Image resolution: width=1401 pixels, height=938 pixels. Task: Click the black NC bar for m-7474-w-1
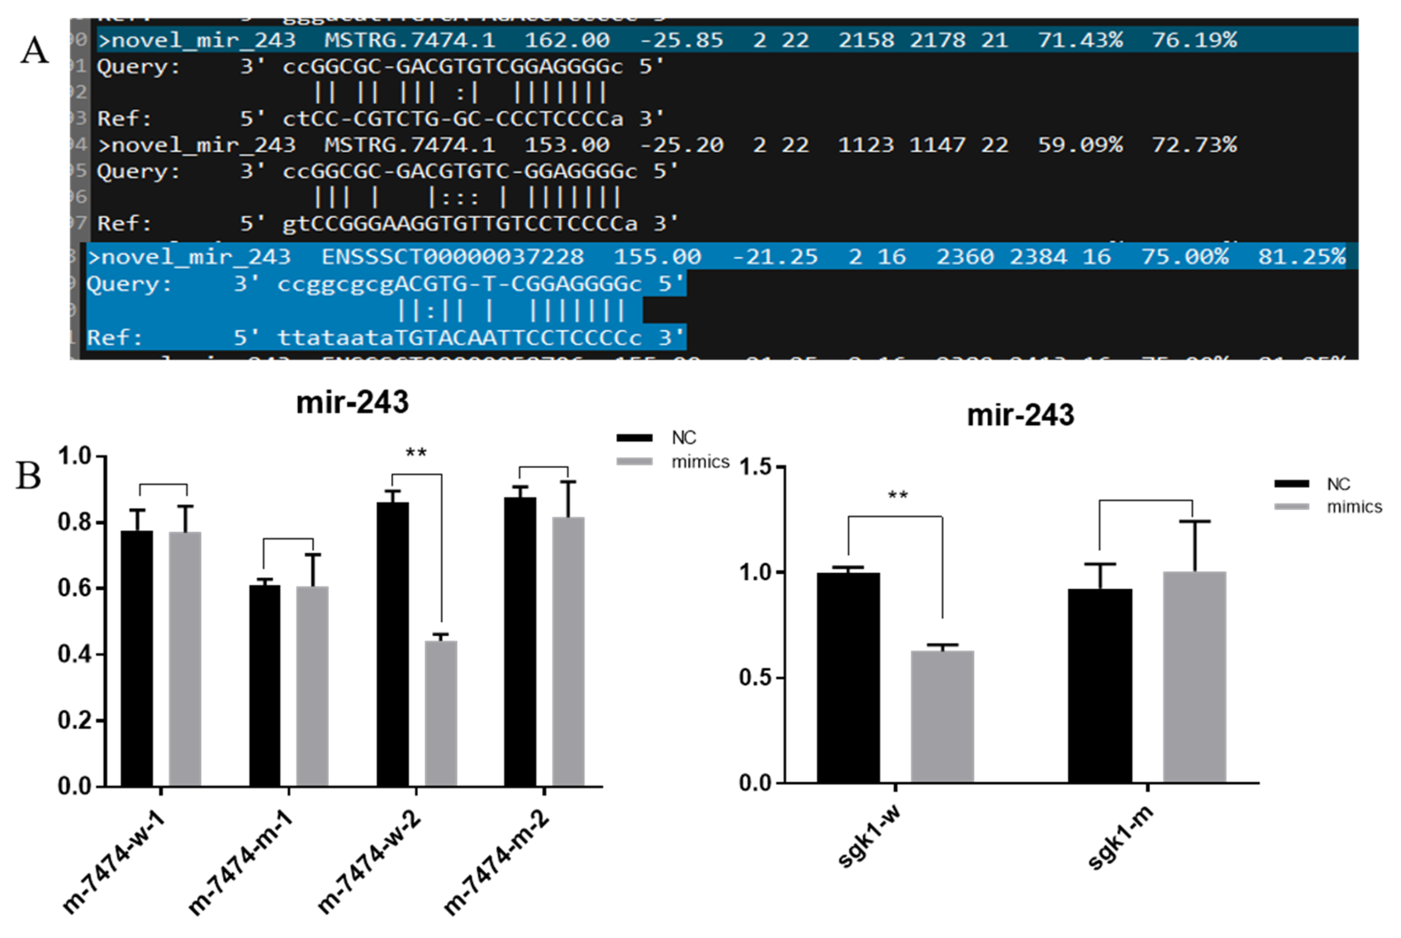(137, 658)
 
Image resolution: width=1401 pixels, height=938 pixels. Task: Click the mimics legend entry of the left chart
(700, 462)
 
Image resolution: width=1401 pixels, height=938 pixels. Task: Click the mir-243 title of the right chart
(1020, 415)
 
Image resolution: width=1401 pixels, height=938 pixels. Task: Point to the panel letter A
(34, 50)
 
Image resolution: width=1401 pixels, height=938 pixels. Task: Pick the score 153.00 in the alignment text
(567, 145)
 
